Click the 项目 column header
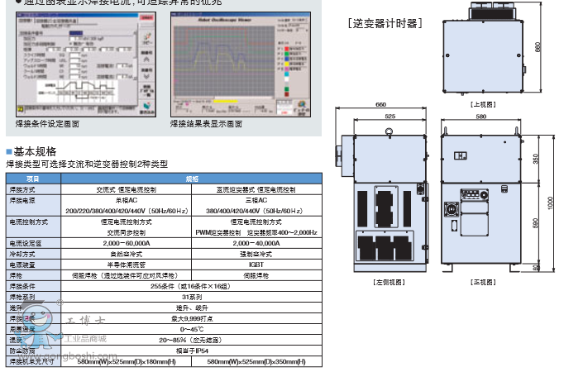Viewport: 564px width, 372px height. [33, 179]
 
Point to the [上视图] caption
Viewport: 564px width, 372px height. [481, 105]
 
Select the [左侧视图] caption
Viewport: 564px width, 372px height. [386, 282]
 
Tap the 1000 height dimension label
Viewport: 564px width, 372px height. [549, 203]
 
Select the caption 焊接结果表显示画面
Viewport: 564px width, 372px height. [207, 124]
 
